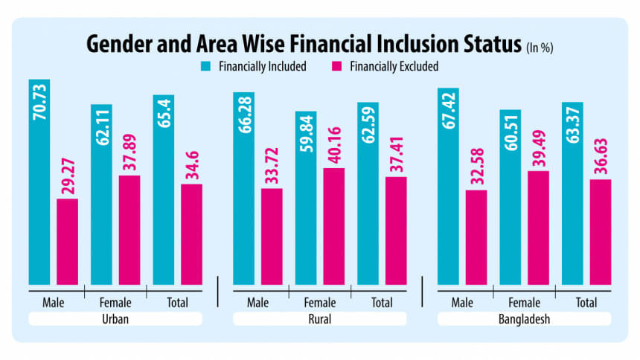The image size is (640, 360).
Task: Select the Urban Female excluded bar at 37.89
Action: coord(129,230)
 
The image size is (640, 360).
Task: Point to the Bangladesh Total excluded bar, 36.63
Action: coord(600,231)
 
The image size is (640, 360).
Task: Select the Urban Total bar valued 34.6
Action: coord(191,234)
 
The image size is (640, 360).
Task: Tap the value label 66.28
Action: coord(244,115)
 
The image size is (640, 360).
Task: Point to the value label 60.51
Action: coord(511,132)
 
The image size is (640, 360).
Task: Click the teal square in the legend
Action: coord(206,66)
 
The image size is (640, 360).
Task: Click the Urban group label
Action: coord(115,319)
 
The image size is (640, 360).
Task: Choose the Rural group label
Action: coord(320,319)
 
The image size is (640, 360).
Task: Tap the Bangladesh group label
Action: coord(524,319)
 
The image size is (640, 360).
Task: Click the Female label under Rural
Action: coord(320,303)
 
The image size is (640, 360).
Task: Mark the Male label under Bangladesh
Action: coord(463,303)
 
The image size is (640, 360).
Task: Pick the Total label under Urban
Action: coord(177,303)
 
